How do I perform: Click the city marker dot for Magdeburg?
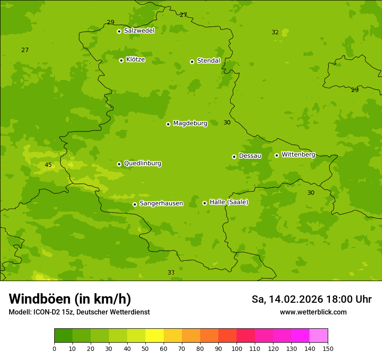(168, 124)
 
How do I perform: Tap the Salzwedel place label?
(139, 31)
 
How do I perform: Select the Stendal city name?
(208, 61)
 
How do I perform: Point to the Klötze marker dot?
(121, 60)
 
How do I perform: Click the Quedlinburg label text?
(142, 164)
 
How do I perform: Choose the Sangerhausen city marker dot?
(135, 204)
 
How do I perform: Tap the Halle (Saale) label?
(229, 202)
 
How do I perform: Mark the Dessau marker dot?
(234, 157)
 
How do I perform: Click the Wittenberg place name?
(298, 154)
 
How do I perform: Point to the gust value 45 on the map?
(48, 165)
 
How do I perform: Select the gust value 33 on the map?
(171, 272)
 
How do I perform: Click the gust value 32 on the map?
(275, 33)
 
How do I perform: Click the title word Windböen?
(40, 299)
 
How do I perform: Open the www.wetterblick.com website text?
(313, 312)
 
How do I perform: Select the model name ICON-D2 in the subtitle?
(48, 312)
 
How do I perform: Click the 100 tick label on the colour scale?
(237, 348)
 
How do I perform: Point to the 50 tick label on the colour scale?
(145, 348)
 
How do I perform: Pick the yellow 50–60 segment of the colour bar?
(155, 336)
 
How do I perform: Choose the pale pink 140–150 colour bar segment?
(319, 336)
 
